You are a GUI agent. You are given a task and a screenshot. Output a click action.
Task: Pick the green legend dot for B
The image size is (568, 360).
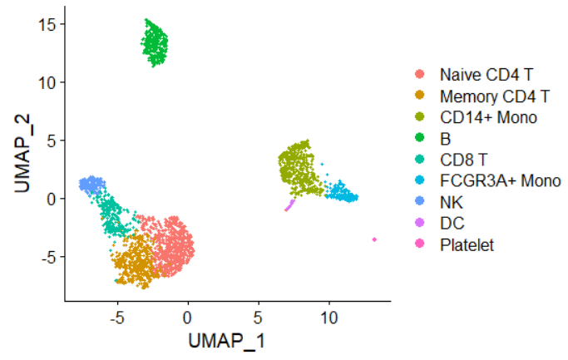tap(421, 138)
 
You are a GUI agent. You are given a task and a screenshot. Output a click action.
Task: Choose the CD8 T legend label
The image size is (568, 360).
tap(462, 160)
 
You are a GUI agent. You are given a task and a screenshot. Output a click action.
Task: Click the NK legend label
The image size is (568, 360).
tap(452, 202)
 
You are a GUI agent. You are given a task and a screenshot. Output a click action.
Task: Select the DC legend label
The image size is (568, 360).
tap(452, 224)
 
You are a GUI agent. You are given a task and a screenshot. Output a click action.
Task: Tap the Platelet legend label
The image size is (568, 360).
tap(467, 245)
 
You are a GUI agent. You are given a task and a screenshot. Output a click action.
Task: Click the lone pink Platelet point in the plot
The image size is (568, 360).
tap(374, 239)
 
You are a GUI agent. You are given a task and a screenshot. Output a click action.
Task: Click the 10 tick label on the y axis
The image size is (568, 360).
tap(47, 82)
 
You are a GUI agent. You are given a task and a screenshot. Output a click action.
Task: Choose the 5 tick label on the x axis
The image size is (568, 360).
tap(258, 317)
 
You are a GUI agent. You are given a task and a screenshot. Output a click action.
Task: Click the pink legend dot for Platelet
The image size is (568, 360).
tap(421, 245)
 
